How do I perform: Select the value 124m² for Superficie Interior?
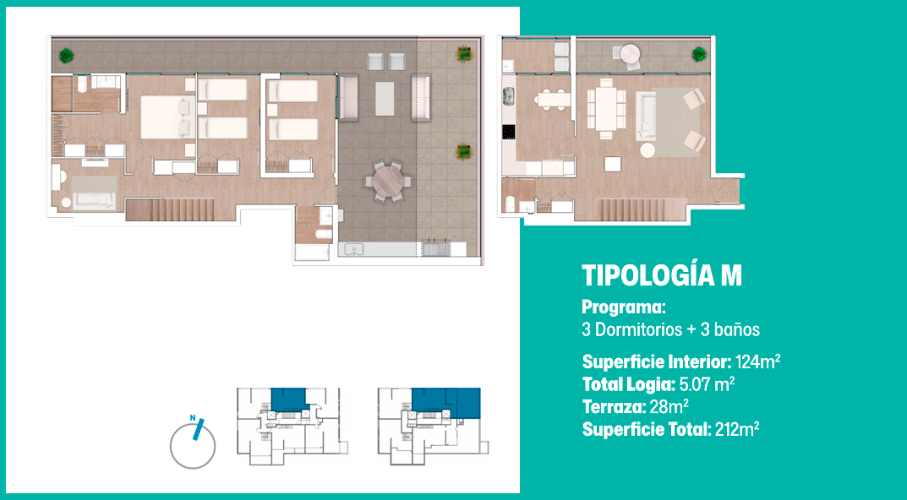point(757,362)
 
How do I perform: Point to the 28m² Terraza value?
point(669,407)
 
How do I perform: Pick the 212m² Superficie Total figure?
point(737,430)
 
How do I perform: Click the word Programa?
point(622,307)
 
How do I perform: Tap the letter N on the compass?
point(194,418)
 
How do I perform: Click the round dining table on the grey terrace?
point(387,181)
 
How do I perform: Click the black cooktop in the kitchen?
point(509,133)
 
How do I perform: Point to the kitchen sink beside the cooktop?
point(509,96)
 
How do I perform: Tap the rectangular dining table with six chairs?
point(606,109)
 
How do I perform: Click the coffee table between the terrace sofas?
point(385,98)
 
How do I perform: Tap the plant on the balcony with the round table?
point(699,54)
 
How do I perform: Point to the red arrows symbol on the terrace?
point(435,239)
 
